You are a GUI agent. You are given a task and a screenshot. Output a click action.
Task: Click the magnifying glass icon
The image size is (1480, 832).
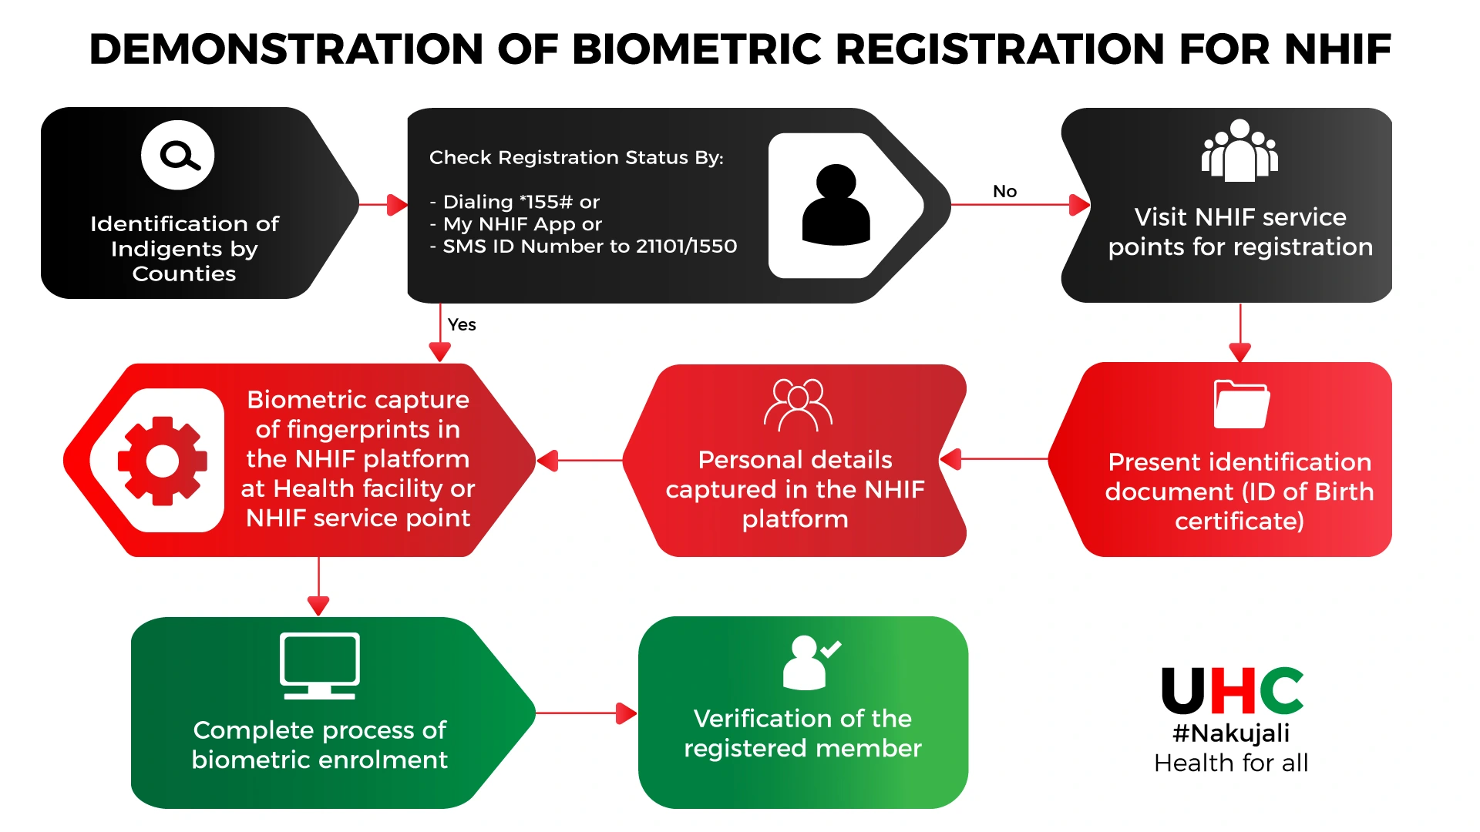(179, 155)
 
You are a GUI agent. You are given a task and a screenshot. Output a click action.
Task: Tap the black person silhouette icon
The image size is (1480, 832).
(836, 205)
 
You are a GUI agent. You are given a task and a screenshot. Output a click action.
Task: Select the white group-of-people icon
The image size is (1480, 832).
(1239, 151)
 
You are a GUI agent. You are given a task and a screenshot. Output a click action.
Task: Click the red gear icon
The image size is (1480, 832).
(163, 461)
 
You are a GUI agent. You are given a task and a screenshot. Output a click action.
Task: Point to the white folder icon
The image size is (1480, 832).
(1241, 404)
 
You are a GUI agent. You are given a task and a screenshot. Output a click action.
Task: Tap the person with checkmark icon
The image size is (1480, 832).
(809, 662)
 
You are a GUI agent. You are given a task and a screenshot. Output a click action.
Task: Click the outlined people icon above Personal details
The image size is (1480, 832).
(798, 404)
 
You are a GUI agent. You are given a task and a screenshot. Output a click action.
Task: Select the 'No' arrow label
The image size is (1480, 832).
(1004, 191)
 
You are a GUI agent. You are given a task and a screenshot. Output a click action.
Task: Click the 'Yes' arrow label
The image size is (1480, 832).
(462, 324)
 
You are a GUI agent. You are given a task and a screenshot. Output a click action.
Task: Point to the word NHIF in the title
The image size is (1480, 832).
(1337, 49)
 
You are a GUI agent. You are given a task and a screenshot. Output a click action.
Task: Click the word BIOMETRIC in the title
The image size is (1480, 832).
(698, 49)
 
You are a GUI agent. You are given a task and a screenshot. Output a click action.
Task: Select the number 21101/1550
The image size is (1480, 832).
(686, 247)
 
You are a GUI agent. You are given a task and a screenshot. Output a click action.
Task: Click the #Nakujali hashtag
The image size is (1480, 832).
(1231, 733)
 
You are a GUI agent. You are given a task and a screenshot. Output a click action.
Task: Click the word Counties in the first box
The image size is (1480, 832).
(184, 273)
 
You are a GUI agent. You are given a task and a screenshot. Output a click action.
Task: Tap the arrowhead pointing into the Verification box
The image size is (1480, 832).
(627, 713)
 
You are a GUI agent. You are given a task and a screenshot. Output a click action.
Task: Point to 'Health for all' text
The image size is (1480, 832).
(1231, 763)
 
